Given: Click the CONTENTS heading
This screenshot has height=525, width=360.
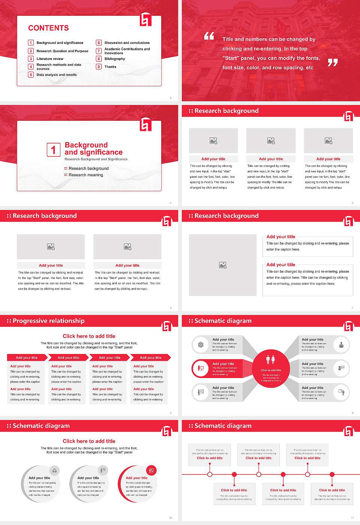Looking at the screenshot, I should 48,28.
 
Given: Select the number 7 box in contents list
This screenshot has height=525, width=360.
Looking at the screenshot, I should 99,51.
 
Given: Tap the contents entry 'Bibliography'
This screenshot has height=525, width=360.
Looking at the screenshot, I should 115,59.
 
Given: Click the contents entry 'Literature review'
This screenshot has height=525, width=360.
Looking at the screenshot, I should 50,59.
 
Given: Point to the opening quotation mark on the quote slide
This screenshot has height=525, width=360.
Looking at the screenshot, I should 209,36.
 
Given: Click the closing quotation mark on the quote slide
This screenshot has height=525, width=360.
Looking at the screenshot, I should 333,62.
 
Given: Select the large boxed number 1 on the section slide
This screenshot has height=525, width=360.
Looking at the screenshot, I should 53,150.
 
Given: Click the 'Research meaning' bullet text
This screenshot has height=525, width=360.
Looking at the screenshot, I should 85,175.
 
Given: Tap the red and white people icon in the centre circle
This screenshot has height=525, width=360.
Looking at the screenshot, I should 271,360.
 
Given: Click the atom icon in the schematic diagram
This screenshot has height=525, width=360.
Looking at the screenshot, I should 201,345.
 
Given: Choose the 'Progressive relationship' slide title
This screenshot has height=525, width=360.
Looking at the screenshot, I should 48,321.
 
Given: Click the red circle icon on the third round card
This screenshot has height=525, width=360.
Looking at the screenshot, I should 151,471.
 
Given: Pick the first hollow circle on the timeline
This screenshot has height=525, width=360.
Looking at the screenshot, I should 210,474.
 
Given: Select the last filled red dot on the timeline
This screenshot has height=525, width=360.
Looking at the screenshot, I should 332,474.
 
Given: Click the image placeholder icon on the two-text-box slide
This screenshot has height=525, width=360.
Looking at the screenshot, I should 223,265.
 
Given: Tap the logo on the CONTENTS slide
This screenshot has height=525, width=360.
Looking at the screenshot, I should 146,20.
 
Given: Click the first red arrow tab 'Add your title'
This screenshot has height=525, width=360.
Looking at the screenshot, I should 27,358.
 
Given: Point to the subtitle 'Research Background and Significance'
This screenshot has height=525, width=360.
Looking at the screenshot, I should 96,159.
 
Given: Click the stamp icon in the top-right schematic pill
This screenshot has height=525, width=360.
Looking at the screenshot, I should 341,345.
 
